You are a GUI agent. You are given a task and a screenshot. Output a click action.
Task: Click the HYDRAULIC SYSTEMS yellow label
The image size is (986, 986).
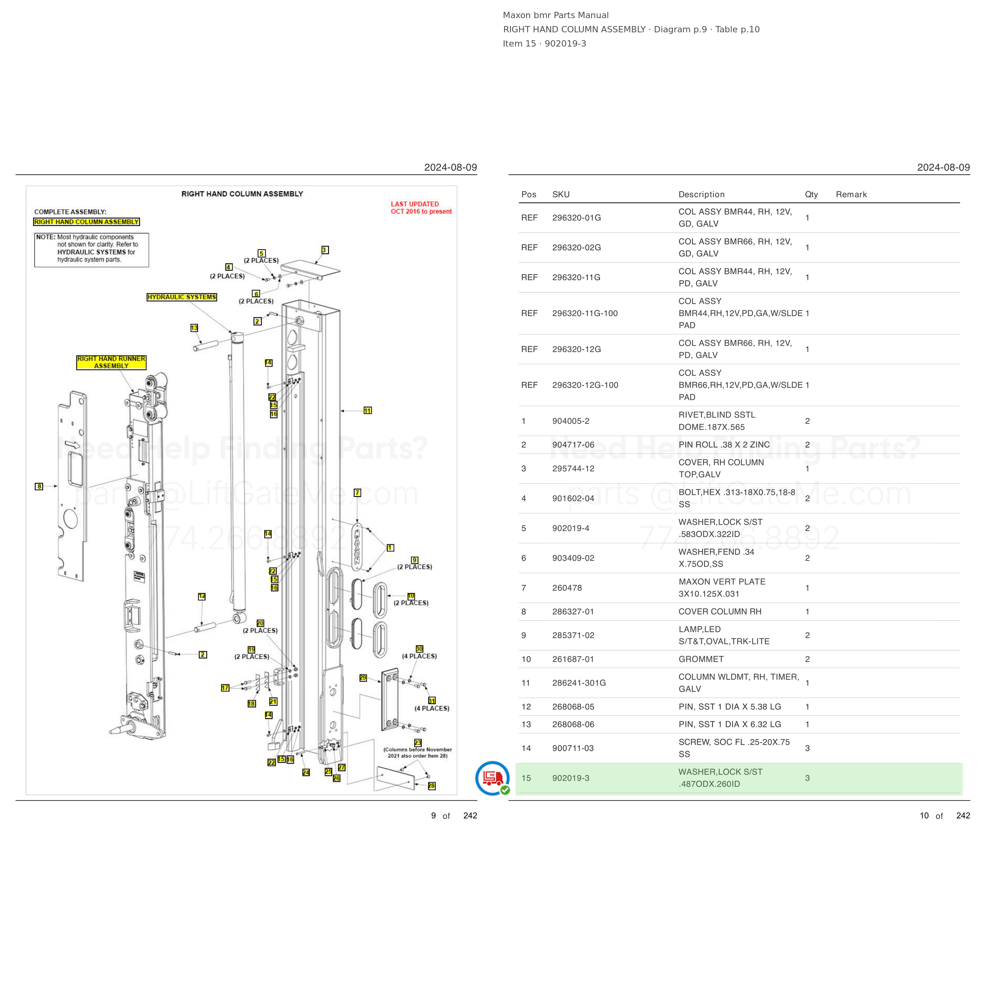(x=182, y=297)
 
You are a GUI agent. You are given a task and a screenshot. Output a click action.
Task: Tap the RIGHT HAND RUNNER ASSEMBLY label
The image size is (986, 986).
(x=111, y=362)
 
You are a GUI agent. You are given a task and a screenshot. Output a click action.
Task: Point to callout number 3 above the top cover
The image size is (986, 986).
(x=325, y=250)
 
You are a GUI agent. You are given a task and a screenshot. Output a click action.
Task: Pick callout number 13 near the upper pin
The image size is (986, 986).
(x=194, y=328)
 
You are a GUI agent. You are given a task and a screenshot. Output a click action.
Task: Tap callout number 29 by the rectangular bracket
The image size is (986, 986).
(x=363, y=678)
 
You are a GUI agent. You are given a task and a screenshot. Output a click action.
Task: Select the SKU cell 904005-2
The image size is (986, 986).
(x=571, y=421)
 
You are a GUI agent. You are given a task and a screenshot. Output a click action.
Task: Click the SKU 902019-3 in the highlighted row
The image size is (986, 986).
(x=571, y=778)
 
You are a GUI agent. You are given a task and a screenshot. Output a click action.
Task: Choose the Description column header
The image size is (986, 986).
(x=701, y=194)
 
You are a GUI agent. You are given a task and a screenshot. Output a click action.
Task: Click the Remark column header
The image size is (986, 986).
(x=851, y=194)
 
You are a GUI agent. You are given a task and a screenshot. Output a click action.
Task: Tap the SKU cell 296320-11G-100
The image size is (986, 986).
(x=585, y=314)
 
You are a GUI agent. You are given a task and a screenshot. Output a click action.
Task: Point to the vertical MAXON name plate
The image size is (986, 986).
(x=357, y=547)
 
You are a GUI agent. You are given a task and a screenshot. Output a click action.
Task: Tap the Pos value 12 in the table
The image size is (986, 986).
(x=526, y=707)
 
